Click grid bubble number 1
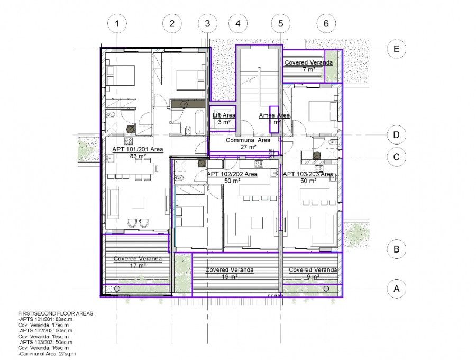click(117, 23)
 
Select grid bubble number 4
click(238, 23)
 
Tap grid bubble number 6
click(326, 23)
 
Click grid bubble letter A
click(395, 289)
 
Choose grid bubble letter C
click(395, 157)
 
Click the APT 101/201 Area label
click(138, 150)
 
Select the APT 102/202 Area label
click(232, 174)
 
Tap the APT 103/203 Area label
click(308, 174)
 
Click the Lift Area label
click(224, 115)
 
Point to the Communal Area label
click(248, 140)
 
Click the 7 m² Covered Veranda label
click(309, 63)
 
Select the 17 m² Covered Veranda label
click(138, 259)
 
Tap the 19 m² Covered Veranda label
click(230, 270)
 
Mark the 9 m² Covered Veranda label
click(313, 270)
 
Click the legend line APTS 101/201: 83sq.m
click(48, 320)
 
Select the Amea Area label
click(274, 115)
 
